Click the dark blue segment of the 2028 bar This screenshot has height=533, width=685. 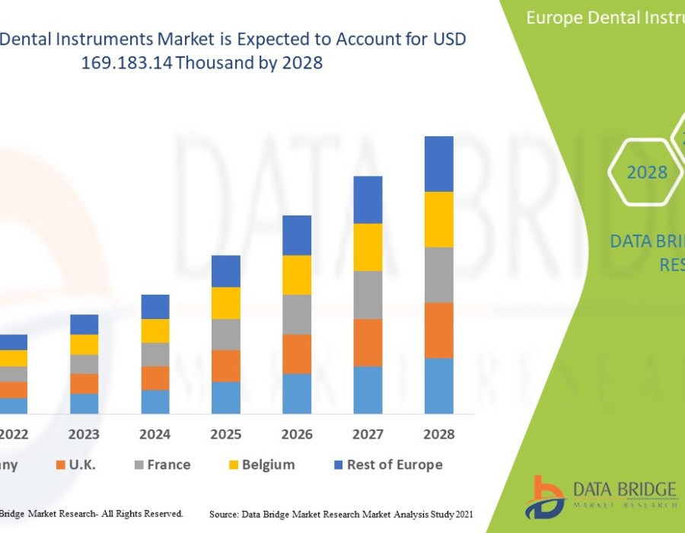[x=438, y=164]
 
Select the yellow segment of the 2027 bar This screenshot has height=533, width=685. [x=368, y=247]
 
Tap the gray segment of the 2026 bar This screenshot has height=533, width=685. [x=297, y=314]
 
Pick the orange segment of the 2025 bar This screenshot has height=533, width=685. [x=226, y=365]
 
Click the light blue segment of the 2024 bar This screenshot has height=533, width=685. [x=155, y=401]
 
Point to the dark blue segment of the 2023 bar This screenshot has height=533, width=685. [x=84, y=324]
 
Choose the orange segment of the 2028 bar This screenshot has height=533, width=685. [x=438, y=330]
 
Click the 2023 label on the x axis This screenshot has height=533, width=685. [x=84, y=434]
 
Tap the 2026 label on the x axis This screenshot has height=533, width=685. [x=297, y=434]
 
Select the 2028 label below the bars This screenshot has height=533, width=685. [x=438, y=434]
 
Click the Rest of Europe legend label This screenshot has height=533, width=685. [x=394, y=464]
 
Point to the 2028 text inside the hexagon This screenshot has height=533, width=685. [x=647, y=173]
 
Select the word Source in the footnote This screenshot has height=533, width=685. [x=226, y=515]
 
